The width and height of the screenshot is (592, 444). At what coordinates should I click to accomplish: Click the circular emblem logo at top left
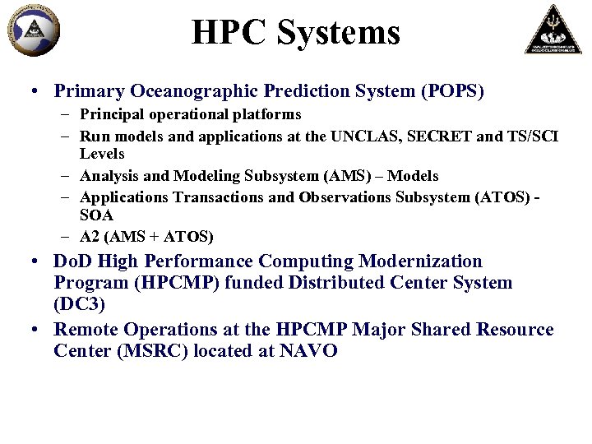click(x=34, y=30)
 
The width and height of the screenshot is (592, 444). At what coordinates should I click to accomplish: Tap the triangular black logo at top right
click(x=553, y=29)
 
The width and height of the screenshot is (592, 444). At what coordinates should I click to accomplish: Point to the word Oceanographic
click(x=178, y=90)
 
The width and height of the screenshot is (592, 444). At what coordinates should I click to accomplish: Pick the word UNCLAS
click(x=359, y=136)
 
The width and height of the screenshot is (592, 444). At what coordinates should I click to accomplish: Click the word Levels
click(x=102, y=154)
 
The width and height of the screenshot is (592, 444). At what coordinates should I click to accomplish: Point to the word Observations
click(x=346, y=197)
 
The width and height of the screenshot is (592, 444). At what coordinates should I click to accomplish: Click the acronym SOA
click(x=95, y=215)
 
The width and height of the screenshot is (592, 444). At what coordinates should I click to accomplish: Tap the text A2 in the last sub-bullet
click(x=89, y=237)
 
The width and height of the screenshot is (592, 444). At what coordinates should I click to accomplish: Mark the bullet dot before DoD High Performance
click(x=38, y=262)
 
